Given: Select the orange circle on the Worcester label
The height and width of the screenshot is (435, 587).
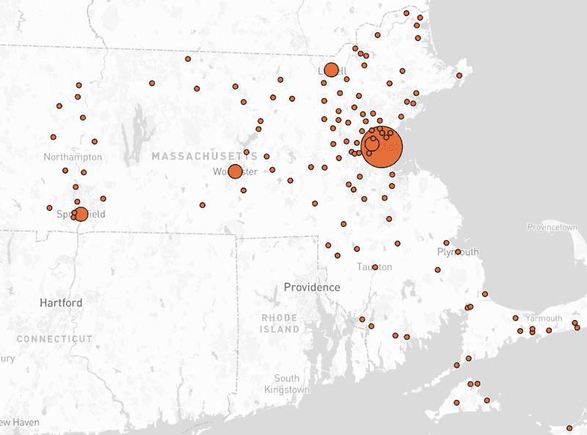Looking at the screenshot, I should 235,171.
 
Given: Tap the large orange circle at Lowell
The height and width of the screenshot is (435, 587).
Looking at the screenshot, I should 331,70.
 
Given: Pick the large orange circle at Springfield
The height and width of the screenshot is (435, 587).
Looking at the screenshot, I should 81,214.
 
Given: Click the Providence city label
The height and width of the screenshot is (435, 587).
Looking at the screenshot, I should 312,286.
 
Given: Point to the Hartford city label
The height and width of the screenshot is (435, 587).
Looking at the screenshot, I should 61,302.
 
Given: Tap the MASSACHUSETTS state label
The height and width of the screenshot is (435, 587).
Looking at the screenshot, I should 205,157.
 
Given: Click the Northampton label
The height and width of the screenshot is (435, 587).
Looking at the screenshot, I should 73,157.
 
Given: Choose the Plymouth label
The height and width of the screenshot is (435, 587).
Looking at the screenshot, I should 457,251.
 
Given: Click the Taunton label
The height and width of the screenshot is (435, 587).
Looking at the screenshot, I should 374,267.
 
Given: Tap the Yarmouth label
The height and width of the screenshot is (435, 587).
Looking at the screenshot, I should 543,318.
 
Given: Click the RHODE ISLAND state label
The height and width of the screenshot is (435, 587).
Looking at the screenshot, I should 280,323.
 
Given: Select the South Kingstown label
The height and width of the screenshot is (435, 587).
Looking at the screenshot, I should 287,384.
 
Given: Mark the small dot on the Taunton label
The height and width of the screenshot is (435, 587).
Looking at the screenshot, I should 375,267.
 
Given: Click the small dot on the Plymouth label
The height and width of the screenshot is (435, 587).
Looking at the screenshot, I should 458,252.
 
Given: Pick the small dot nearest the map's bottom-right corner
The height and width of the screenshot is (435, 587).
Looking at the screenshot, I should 569,428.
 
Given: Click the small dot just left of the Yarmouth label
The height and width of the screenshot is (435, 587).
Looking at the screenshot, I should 515,318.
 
